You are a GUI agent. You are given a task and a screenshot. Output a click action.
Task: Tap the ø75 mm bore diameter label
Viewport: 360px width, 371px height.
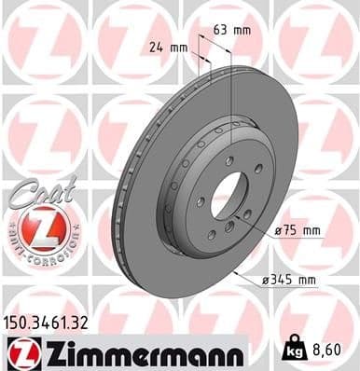pos(299,229)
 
